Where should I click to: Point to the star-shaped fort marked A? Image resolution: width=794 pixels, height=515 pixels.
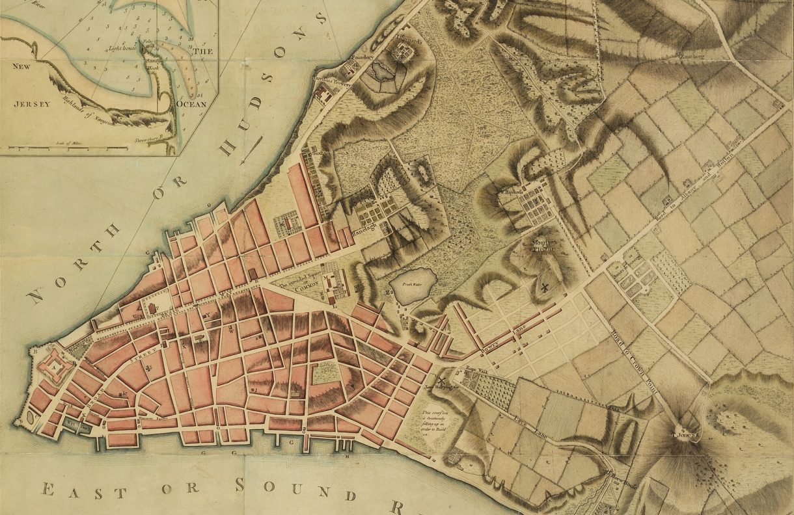tap(50, 366)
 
